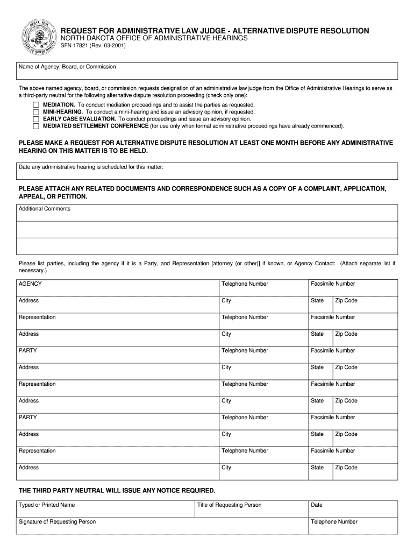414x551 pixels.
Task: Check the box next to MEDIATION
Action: (36, 105)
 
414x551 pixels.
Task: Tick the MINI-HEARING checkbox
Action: (36, 112)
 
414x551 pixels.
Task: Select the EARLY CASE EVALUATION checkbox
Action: (36, 119)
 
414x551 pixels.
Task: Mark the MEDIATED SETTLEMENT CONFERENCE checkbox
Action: (36, 126)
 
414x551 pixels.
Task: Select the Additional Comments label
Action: (45, 209)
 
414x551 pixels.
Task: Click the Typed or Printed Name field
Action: (105, 509)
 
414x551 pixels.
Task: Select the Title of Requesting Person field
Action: (251, 509)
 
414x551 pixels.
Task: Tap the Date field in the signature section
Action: (352, 509)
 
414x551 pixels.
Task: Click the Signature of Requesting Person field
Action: (161, 526)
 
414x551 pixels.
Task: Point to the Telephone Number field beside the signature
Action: (352, 526)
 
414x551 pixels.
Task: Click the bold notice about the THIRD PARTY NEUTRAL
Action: (117, 491)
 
